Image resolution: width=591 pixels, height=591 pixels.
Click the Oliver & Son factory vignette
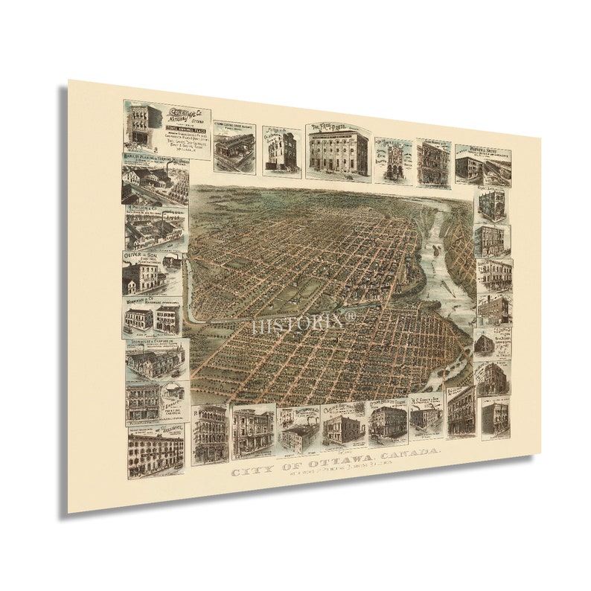152,273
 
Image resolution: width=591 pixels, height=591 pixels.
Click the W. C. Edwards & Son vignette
425,414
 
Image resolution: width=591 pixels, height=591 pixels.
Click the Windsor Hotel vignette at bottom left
156,450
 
